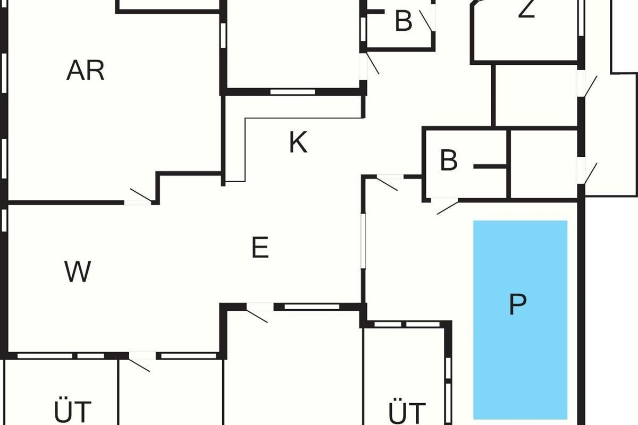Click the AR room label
click(x=85, y=71)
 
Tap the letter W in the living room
click(x=78, y=272)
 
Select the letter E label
click(x=260, y=248)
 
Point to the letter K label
click(x=298, y=142)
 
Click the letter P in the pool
click(x=517, y=304)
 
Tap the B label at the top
click(x=404, y=21)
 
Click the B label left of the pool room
click(x=449, y=160)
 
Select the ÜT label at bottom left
click(x=73, y=412)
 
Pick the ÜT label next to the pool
click(x=407, y=413)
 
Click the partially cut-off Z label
click(x=526, y=10)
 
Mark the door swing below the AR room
click(x=139, y=197)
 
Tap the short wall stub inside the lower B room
click(x=490, y=167)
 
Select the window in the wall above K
click(x=292, y=91)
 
